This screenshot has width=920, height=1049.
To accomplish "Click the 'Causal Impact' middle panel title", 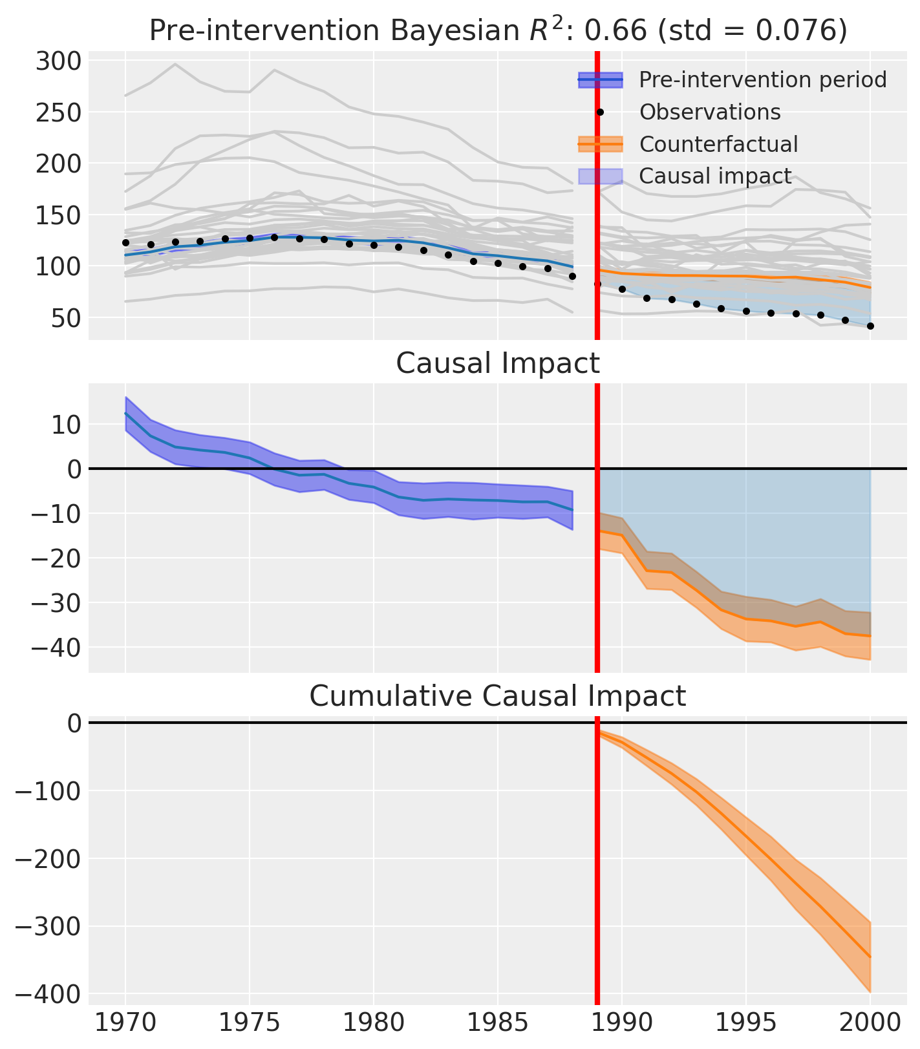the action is coord(498,364).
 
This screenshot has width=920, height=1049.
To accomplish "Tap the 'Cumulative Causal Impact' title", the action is coord(498,696).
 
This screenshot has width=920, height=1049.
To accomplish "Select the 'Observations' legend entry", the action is coord(710,112).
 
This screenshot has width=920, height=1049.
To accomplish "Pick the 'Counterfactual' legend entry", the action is coord(718,144).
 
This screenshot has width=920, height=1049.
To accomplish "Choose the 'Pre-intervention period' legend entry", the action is coord(763,79).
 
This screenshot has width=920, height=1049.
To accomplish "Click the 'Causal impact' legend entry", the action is coord(715,176).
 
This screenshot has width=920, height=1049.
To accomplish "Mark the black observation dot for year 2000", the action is coord(870,326).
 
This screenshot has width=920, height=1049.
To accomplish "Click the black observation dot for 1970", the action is coord(125,243).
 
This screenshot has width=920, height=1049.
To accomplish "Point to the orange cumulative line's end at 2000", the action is coord(870,957).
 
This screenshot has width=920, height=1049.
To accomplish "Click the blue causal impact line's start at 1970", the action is coord(125,413).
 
